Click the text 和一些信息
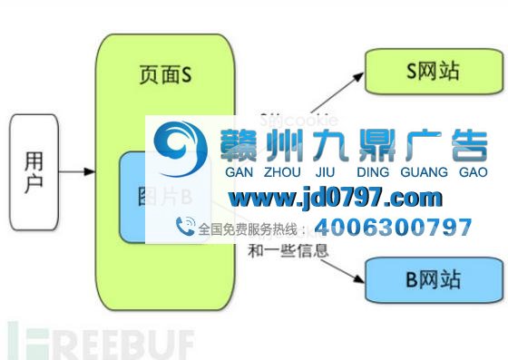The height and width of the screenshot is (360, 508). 288,249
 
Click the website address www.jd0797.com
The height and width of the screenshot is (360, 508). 335,197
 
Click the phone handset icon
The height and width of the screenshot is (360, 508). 185,227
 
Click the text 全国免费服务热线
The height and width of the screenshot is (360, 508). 249,229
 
